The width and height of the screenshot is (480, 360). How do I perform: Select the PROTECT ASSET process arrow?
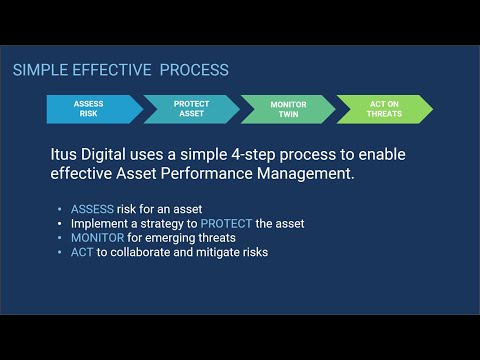pos(191,109)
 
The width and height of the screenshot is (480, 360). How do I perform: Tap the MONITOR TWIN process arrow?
pos(288,109)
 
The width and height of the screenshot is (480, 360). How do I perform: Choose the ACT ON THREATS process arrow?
pos(384,109)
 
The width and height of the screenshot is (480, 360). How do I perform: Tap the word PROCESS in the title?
pos(196,70)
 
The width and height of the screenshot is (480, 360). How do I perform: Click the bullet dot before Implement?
pos(61,223)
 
